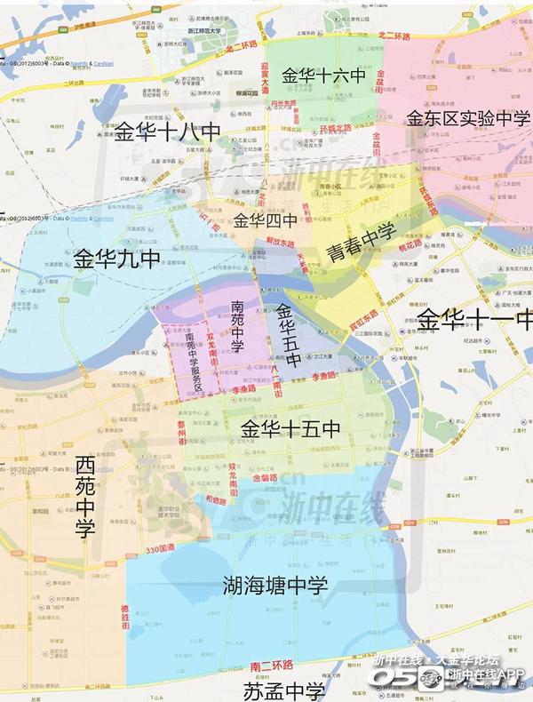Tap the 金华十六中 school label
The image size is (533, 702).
point(323,77)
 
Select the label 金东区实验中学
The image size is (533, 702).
point(468,118)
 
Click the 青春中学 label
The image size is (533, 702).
point(360,242)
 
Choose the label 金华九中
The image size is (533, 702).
point(116,259)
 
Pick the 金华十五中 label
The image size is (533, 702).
point(290,429)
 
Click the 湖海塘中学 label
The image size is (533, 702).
point(274,586)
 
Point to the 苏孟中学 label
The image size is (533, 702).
point(284,690)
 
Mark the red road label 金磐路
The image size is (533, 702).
point(266,478)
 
